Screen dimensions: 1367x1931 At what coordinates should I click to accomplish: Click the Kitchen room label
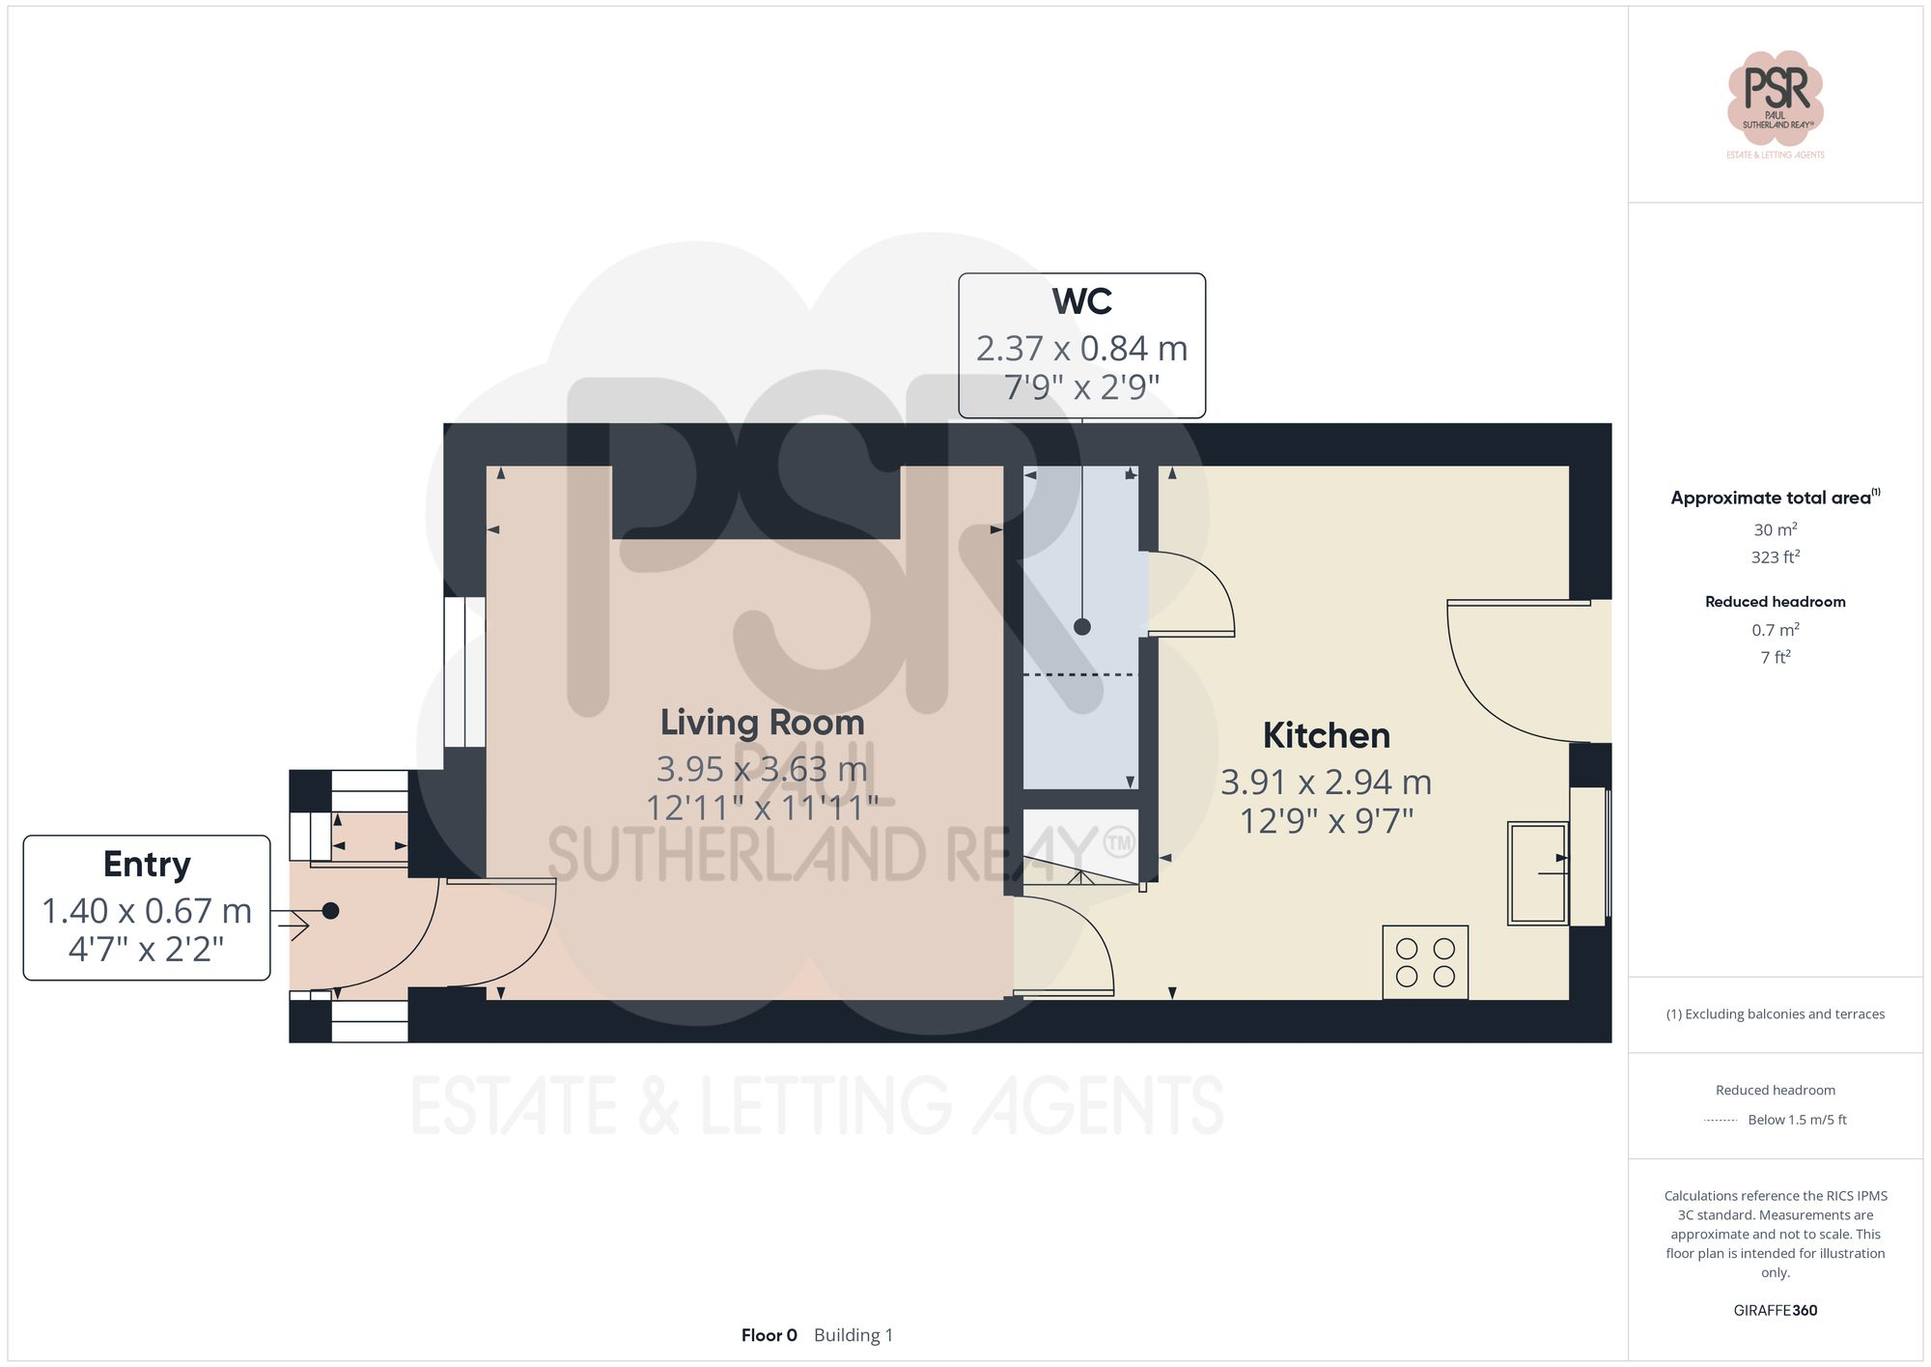1326,736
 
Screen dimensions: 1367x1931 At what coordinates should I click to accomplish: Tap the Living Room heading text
762,723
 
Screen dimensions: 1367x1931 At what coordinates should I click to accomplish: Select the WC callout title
1081,301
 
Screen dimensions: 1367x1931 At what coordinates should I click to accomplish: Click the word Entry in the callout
147,864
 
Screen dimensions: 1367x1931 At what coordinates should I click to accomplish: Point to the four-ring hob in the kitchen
1425,962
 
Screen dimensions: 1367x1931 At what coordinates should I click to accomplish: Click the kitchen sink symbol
1538,872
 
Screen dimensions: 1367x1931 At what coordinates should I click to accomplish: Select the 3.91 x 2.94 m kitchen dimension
1326,783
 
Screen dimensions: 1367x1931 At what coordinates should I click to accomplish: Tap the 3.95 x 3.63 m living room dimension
762,770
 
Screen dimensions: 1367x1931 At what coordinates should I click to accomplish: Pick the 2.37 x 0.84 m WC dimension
1081,349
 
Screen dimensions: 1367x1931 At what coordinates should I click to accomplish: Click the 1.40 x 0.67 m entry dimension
147,911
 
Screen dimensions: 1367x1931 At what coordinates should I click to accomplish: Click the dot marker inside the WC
1082,627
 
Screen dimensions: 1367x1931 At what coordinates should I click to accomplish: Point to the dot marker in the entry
330,910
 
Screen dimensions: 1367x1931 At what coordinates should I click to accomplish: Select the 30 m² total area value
1775,529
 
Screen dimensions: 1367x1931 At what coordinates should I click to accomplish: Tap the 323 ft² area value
1775,557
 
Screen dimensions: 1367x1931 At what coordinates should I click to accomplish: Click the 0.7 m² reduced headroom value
1775,630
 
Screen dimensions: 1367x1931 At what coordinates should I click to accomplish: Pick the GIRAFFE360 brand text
1775,1310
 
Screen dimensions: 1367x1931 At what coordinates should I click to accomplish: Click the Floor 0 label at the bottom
769,1335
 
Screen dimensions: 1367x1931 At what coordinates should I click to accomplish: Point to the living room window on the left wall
464,671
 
